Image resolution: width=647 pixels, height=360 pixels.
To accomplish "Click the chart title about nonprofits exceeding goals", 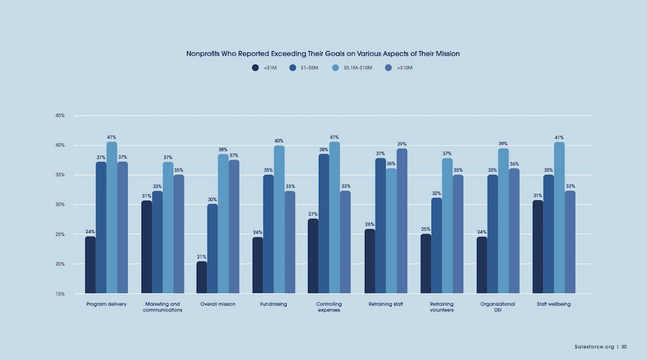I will point(323,54).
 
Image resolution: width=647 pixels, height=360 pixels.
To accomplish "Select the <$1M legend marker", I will point(256,67).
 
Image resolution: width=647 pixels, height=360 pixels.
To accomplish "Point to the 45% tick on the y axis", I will point(60,116).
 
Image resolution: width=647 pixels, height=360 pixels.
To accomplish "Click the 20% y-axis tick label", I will point(60,264).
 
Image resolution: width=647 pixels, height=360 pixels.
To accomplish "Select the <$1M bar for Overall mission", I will point(202,277).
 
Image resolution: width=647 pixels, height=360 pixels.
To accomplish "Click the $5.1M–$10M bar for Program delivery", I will point(112,218).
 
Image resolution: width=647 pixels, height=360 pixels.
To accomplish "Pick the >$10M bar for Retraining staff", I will point(402,221).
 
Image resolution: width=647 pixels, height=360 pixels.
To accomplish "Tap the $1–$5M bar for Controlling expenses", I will point(323,223).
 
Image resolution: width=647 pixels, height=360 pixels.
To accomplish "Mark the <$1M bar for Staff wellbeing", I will point(538,247).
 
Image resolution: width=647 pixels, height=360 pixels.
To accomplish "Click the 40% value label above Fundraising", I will point(279,141).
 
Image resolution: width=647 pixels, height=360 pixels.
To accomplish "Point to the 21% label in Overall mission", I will point(202,256).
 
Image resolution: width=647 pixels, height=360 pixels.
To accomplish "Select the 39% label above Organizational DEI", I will point(503,144).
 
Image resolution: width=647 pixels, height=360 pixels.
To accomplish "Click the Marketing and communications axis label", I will point(162,306).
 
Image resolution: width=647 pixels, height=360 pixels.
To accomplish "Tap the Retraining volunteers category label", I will point(441,306).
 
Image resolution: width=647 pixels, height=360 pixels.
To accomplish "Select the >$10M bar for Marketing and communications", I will point(179,234).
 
